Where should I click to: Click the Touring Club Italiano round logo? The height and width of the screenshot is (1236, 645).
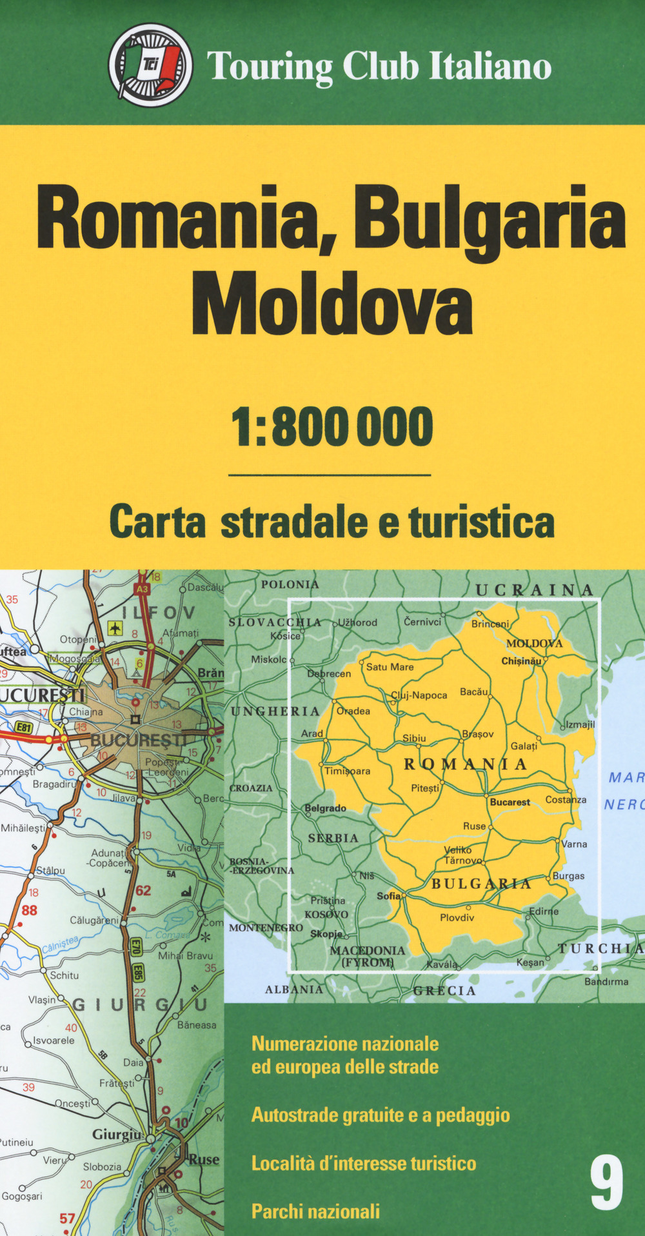(x=150, y=65)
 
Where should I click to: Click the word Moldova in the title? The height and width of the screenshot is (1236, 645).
(x=332, y=304)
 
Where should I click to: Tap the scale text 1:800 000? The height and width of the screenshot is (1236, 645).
(x=332, y=427)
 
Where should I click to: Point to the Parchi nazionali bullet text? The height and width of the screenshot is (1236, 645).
(x=315, y=1211)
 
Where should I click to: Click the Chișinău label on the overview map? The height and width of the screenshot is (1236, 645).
(x=521, y=661)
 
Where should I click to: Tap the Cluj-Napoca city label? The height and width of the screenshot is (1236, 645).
(x=419, y=695)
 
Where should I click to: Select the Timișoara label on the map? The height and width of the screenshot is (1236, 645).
(x=348, y=771)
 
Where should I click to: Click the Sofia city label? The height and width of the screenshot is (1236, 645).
(x=388, y=895)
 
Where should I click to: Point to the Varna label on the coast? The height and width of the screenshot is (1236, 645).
(x=574, y=844)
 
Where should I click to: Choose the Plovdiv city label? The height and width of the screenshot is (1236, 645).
(x=457, y=917)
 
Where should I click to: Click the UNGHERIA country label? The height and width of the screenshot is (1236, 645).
(x=275, y=711)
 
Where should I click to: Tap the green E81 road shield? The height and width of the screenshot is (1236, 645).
(x=24, y=728)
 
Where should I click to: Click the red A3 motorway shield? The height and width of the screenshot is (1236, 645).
(x=142, y=588)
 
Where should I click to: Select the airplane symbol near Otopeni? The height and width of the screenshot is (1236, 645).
(x=115, y=627)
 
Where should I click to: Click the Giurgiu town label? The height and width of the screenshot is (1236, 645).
(x=117, y=1134)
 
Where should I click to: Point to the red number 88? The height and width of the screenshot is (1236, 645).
(x=30, y=910)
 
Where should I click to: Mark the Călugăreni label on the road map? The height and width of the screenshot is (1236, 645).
(x=94, y=921)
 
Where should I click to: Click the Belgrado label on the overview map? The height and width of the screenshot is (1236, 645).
(x=326, y=808)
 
